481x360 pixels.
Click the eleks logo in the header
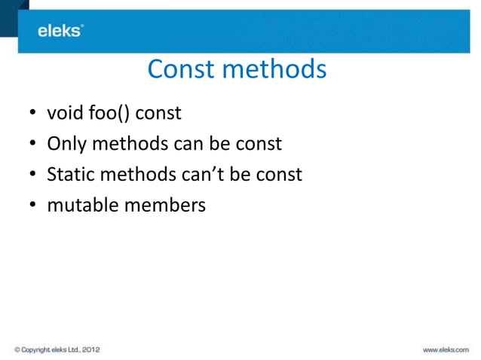60,30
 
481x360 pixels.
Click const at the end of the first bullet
158,114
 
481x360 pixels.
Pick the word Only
66,144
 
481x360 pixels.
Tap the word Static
69,174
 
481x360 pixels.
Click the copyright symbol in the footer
17,349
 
